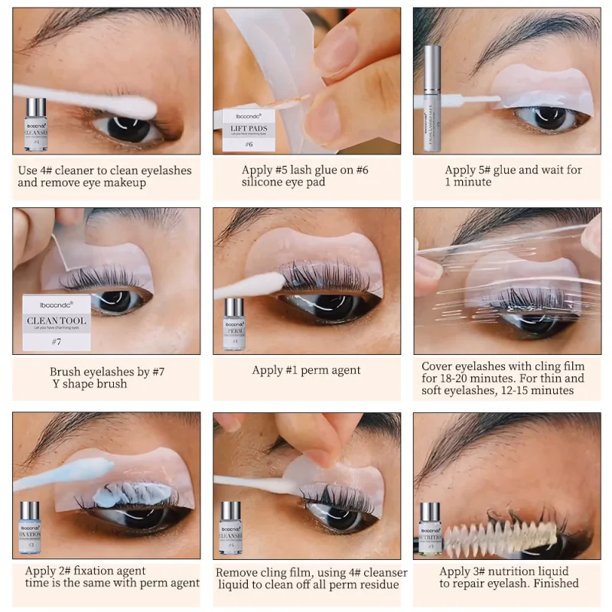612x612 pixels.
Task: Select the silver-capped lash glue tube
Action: click(x=432, y=97)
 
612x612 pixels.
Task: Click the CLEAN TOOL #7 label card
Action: click(x=56, y=322)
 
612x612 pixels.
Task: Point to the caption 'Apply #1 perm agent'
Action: click(x=306, y=370)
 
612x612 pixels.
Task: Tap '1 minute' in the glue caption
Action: click(x=468, y=182)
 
